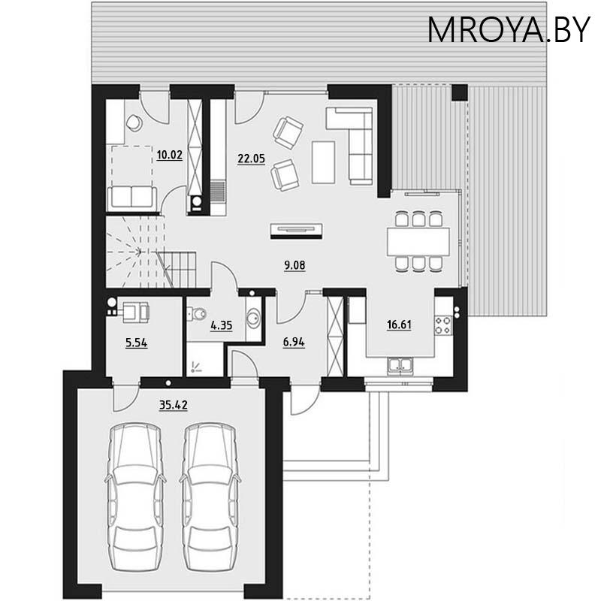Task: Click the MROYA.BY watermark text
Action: pos(509,29)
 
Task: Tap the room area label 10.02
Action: pos(170,156)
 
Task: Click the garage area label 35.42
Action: pos(173,405)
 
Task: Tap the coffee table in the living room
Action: pos(324,161)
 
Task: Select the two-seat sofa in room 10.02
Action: pos(131,198)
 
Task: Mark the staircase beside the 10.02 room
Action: pos(150,252)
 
